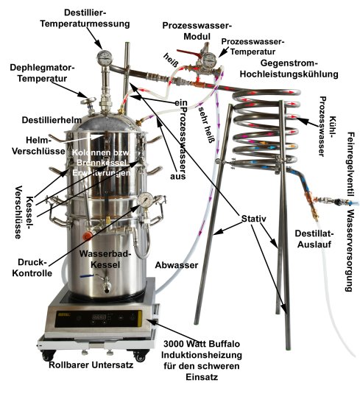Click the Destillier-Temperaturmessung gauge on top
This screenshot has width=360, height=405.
tap(105, 58)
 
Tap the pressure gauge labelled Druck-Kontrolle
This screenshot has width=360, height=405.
tap(145, 200)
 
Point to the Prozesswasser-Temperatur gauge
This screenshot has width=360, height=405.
tap(209, 60)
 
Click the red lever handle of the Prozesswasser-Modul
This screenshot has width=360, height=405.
tap(188, 54)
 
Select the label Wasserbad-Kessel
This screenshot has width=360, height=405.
tap(105, 259)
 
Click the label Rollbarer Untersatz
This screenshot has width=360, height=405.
tap(91, 365)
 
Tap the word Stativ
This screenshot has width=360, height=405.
tap(253, 219)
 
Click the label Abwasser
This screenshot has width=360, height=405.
tap(177, 265)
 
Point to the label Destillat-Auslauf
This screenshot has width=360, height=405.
tap(314, 239)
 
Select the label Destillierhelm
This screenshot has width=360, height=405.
tap(52, 120)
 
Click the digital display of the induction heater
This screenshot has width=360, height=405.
tap(99, 317)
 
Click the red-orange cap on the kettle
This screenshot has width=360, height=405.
tap(88, 236)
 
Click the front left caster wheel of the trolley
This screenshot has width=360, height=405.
tap(48, 356)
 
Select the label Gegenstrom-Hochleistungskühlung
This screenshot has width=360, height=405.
tap(289, 68)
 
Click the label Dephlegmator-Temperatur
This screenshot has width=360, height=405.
tap(42, 73)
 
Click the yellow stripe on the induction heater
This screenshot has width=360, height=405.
tap(140, 318)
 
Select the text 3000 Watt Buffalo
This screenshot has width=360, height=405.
tap(202, 344)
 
